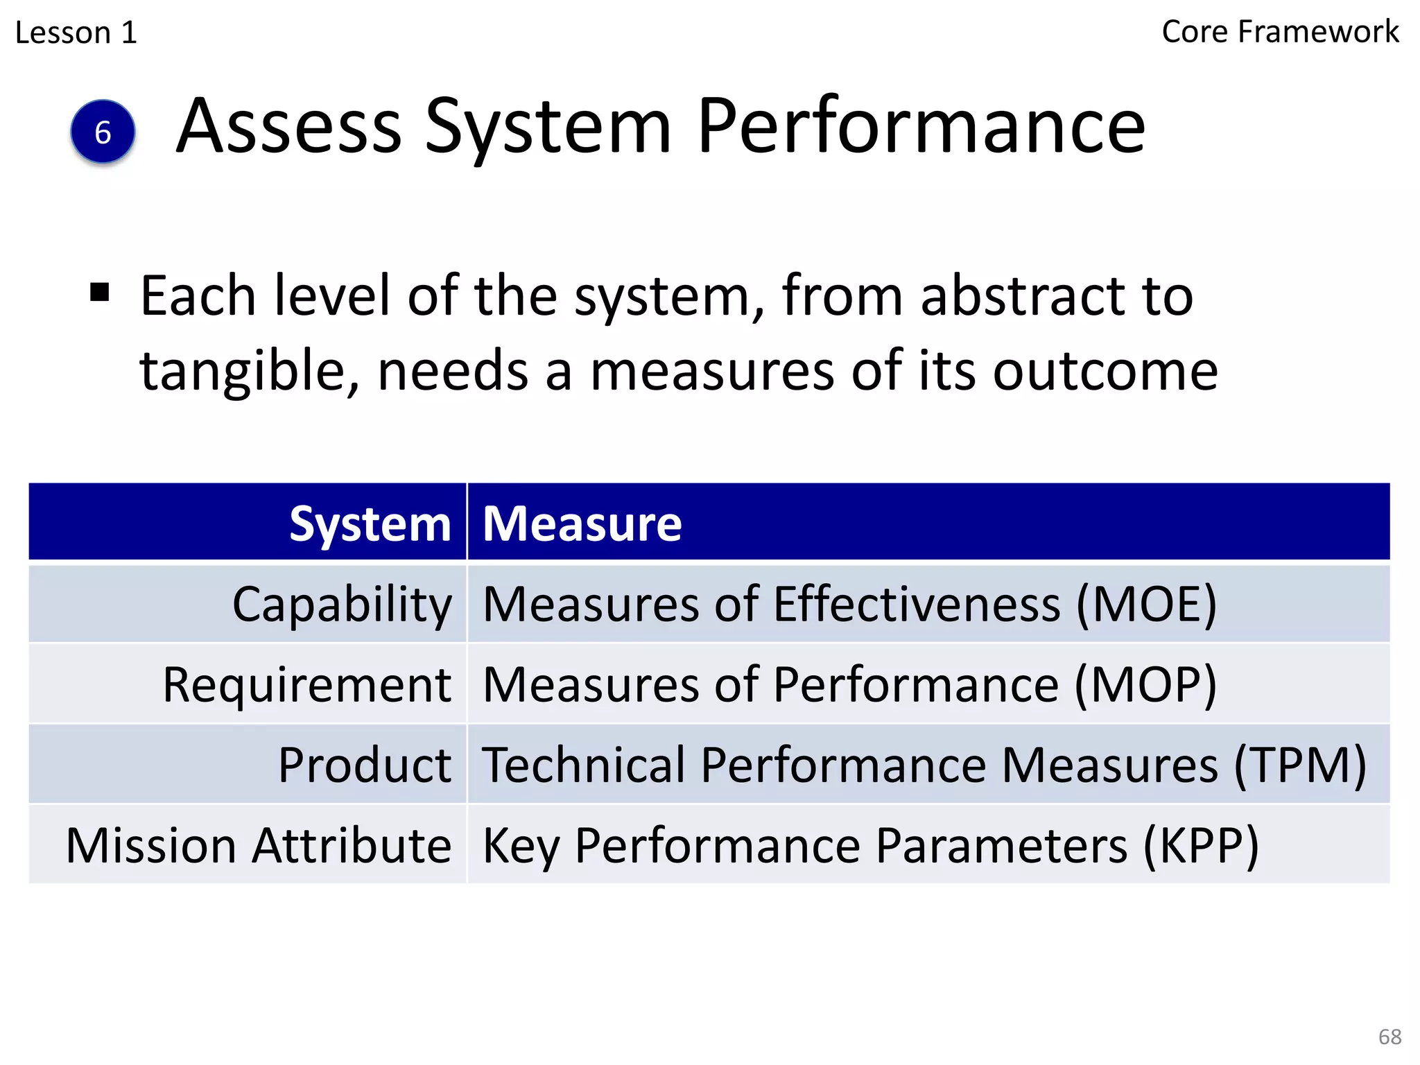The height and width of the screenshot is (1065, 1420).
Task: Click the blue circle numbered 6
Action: (x=103, y=132)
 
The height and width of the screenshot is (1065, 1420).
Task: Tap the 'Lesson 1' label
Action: (x=76, y=33)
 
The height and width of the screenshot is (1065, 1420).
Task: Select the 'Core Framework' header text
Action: (x=1280, y=32)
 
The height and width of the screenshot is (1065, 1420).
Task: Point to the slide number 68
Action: (x=1389, y=1037)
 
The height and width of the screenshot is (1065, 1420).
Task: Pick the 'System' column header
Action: (x=370, y=523)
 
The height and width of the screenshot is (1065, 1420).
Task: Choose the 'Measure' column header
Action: (x=582, y=523)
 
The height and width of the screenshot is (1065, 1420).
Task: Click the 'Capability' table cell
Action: (x=342, y=605)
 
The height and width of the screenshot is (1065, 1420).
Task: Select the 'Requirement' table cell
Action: (x=307, y=685)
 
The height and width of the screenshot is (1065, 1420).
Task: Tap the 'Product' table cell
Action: (x=365, y=765)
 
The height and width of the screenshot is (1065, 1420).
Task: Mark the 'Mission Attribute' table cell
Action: (x=259, y=846)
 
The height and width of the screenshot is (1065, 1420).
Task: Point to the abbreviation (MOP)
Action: (x=1145, y=685)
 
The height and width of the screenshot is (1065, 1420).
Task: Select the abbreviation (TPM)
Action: (x=1300, y=765)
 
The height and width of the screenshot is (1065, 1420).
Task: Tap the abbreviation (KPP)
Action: (x=1200, y=846)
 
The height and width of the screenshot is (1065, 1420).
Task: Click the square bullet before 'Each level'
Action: (x=100, y=293)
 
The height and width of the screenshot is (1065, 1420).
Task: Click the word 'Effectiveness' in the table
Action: (x=917, y=605)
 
